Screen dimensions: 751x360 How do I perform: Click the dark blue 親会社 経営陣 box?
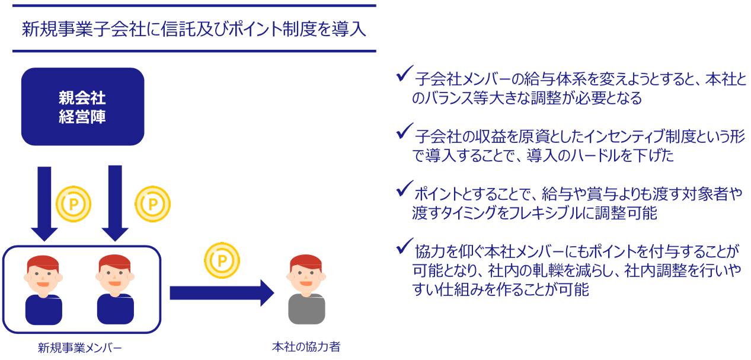83,107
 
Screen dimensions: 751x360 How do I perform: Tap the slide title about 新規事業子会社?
194,29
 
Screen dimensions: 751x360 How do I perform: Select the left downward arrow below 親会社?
44,203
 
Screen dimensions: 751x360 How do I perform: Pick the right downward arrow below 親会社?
115,203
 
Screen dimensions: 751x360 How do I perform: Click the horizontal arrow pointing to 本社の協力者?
222,293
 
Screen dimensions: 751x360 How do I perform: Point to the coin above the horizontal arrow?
222,260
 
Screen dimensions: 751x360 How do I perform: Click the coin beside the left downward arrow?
73,204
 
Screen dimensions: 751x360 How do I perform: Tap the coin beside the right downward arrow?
152,204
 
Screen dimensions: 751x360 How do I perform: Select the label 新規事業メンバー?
80,348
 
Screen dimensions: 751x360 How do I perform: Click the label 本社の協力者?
306,346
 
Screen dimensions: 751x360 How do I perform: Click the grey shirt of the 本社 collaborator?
306,309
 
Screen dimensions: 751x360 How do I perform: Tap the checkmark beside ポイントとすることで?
405,188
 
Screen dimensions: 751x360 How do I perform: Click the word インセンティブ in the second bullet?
619,136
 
